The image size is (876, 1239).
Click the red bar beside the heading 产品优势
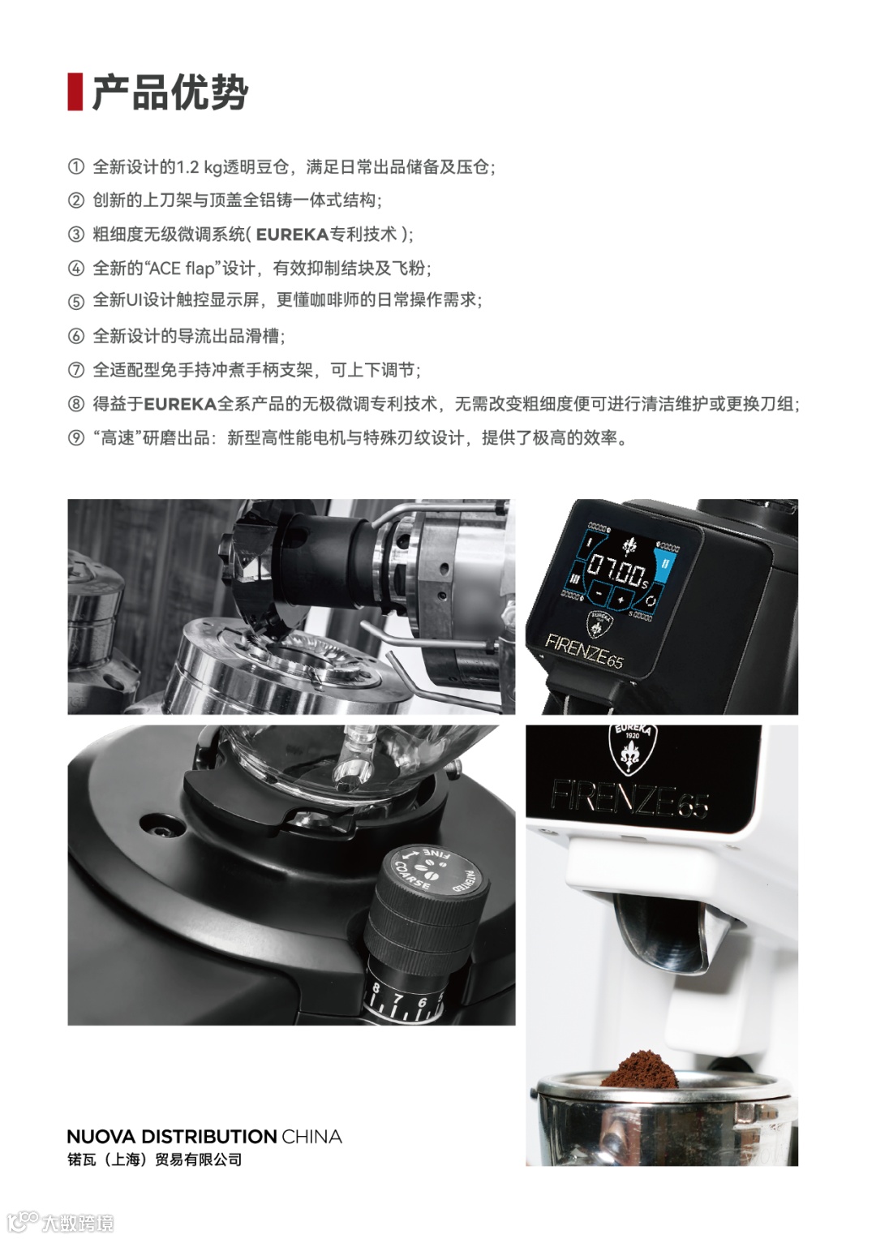click(x=75, y=91)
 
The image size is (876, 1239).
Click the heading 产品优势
click(x=170, y=92)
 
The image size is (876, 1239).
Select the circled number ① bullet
click(x=75, y=166)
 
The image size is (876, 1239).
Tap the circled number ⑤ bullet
click(x=75, y=302)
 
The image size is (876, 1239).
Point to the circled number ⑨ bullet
click(x=75, y=438)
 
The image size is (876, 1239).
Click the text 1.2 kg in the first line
click(x=199, y=167)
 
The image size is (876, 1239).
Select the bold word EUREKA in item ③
click(x=293, y=234)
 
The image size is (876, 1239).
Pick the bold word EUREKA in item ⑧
click(x=180, y=404)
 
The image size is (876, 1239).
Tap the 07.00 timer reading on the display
click(x=615, y=571)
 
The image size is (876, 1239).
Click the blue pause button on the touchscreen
click(x=664, y=564)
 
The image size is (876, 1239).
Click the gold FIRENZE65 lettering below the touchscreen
click(x=583, y=650)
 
